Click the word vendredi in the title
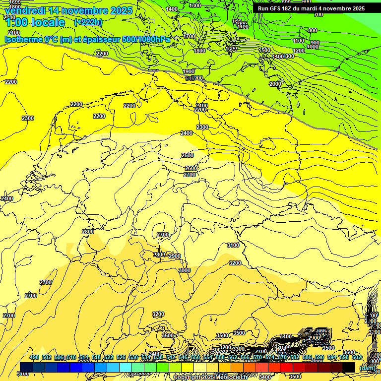pos(25,10)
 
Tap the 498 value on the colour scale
pos(34,357)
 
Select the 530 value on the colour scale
pos(133,357)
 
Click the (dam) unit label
pos(367,368)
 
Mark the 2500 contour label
pos(188,155)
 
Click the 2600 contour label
pos(191,168)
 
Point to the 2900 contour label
pos(175,256)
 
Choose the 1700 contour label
pos(189,36)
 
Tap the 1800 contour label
pos(199,51)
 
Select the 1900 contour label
pos(189,71)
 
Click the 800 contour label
pos(313,30)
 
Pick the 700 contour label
pos(318,14)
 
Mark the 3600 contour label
pos(349,352)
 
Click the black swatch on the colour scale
pos(349,367)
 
